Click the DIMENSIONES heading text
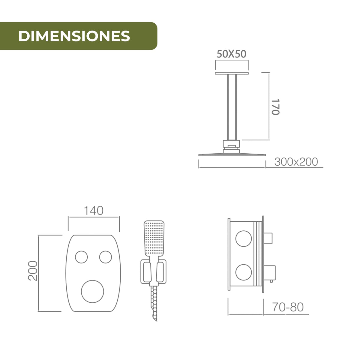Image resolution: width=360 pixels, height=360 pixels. pyautogui.click(x=74, y=36)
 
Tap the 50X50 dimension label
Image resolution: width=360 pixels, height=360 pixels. pyautogui.click(x=232, y=54)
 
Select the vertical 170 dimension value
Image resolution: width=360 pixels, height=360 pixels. pyautogui.click(x=275, y=107)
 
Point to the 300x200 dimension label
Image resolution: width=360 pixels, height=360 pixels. pyautogui.click(x=296, y=162)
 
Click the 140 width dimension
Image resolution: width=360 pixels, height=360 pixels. pyautogui.click(x=93, y=211)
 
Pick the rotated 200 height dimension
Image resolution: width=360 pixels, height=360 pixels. pyautogui.click(x=33, y=271)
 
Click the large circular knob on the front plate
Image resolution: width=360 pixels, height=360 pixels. pyautogui.click(x=92, y=291)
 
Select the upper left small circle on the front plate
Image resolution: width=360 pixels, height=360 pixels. pyautogui.click(x=82, y=257)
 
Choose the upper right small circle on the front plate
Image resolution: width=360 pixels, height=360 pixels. pyautogui.click(x=106, y=257)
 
